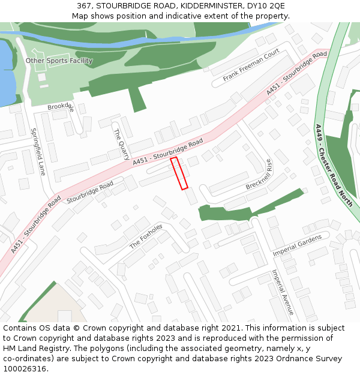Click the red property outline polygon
(x=179, y=173)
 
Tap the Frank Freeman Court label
(x=251, y=65)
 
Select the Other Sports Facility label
(x=59, y=61)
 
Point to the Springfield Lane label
(x=38, y=152)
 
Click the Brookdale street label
(x=61, y=107)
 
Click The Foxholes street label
(x=146, y=236)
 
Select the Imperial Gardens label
(x=297, y=244)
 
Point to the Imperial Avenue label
(x=282, y=292)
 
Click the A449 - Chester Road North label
(x=334, y=165)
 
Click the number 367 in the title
(x=84, y=6)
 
